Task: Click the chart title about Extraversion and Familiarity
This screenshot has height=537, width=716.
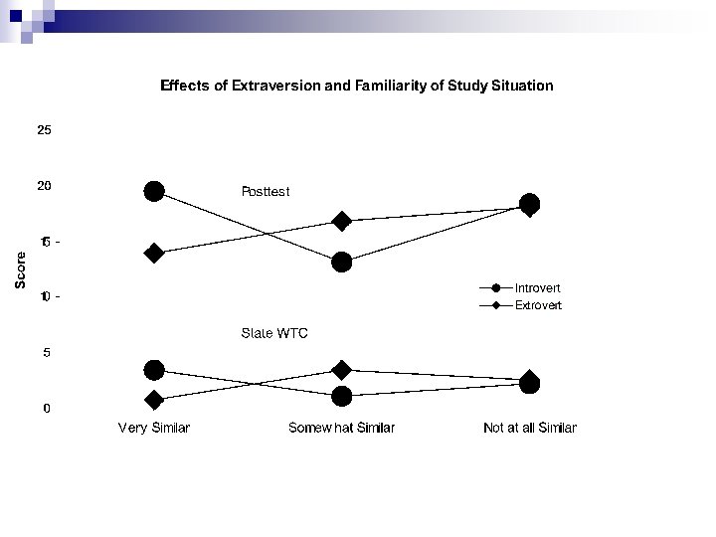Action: (357, 86)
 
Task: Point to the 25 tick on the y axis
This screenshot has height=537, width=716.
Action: (45, 130)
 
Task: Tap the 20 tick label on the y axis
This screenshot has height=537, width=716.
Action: (45, 186)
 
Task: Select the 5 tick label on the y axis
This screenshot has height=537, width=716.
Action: (47, 352)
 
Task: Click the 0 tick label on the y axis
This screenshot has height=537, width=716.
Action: (47, 408)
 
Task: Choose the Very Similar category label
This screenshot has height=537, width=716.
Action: (154, 428)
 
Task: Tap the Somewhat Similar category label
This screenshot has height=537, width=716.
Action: (341, 428)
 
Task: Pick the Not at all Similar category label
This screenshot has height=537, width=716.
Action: (529, 428)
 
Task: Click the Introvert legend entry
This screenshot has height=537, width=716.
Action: (537, 288)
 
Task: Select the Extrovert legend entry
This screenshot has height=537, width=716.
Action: (537, 305)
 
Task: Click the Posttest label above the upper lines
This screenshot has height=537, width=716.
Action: (266, 190)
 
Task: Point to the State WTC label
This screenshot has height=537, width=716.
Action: (274, 333)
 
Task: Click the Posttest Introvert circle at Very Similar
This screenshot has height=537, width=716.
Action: (154, 191)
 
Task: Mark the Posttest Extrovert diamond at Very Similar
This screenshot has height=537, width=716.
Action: (154, 253)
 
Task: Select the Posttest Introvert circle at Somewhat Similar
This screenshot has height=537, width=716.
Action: (342, 262)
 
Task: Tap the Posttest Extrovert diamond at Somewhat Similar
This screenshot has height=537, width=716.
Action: (342, 221)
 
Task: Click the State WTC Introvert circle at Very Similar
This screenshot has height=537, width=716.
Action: (154, 370)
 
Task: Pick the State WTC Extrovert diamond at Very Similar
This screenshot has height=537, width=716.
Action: (154, 400)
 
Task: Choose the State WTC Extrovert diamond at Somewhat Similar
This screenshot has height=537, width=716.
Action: (342, 370)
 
